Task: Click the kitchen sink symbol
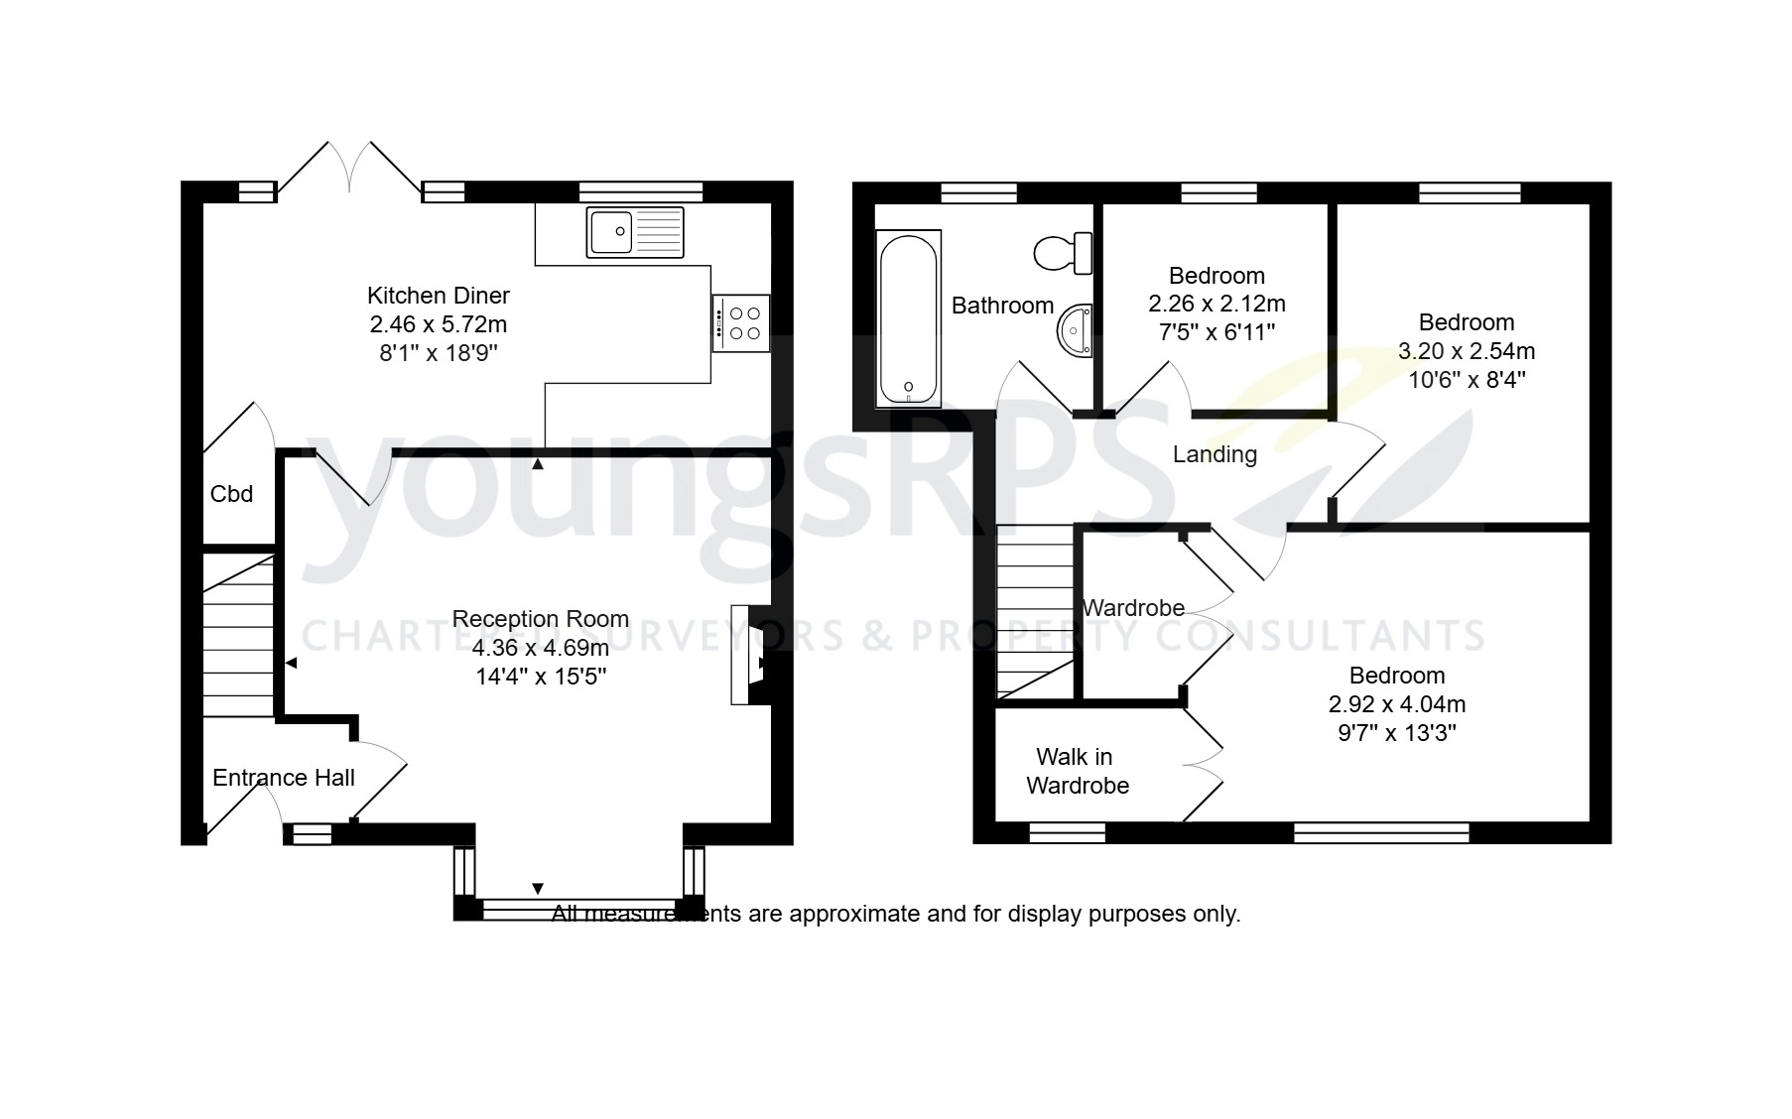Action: coord(635,232)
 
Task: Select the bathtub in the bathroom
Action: coord(908,318)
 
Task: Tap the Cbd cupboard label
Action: coord(231,494)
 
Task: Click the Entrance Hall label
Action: coord(284,778)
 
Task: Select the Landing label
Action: coord(1215,454)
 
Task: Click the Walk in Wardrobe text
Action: coord(1077,771)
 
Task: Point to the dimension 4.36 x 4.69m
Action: coord(540,648)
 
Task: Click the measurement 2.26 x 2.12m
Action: coord(1216,304)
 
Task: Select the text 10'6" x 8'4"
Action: coord(1467,379)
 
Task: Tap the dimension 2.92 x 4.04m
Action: coord(1396,704)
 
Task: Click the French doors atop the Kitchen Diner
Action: coord(349,169)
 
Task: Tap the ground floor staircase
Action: coord(238,635)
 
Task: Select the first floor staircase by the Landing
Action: coord(1036,610)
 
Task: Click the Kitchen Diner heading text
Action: coord(438,295)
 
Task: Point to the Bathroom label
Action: coord(1002,306)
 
